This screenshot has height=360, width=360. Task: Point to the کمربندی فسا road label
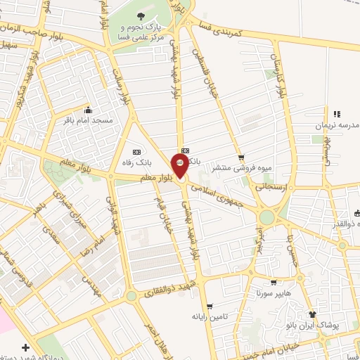click(x=232, y=28)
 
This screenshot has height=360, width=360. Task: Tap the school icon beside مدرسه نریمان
click(x=337, y=114)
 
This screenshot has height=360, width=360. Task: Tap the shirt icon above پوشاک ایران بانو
click(x=312, y=314)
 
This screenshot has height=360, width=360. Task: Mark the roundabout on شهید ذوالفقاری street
click(x=131, y=296)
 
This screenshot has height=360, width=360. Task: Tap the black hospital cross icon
click(x=26, y=347)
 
